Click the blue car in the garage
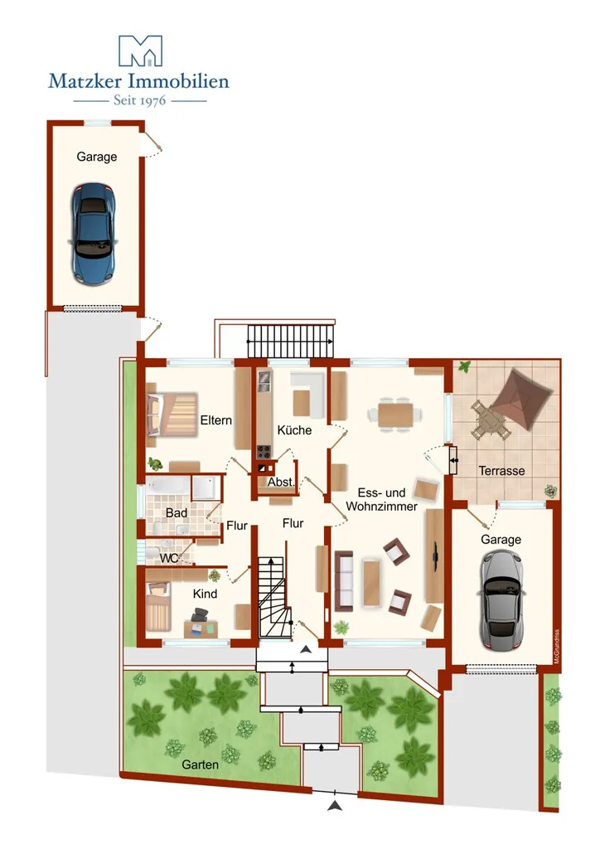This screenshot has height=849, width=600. (93, 234)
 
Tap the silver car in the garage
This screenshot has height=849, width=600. (501, 599)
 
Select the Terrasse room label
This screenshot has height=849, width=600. (501, 471)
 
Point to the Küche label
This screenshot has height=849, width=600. (294, 430)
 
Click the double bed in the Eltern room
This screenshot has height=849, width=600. (172, 415)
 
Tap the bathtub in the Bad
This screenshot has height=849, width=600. (168, 486)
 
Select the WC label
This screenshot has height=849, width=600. (169, 558)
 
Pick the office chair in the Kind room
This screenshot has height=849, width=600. (199, 614)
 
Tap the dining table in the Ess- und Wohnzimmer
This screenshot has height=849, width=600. (395, 415)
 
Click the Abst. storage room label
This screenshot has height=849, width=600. (281, 482)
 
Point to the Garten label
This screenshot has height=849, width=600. (201, 765)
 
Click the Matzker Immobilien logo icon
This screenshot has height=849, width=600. (140, 51)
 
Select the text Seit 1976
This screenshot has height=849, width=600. (139, 100)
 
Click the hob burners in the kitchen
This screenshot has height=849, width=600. (264, 452)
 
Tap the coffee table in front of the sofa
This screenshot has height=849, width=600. (372, 583)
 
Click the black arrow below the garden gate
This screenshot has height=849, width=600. (335, 806)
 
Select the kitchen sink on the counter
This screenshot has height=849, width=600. (264, 380)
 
